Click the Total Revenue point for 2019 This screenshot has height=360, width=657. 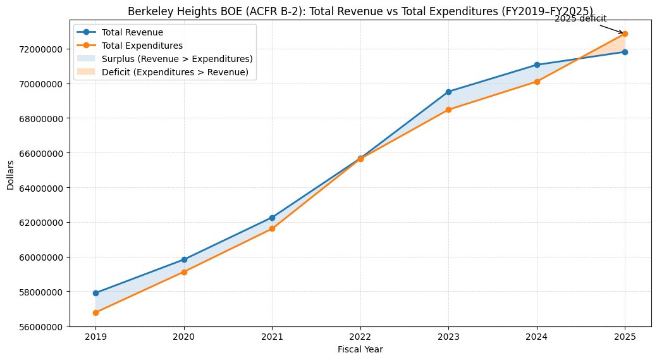(x=95, y=293)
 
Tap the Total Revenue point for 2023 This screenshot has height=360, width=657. (x=448, y=92)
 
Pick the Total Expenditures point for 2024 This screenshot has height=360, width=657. (x=537, y=82)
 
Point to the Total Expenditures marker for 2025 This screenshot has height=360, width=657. (x=625, y=34)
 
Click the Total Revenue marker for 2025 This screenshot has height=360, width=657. (x=625, y=52)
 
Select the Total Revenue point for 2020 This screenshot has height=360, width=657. (x=184, y=259)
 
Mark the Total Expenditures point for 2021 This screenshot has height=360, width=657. (x=272, y=228)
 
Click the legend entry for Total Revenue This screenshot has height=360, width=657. (x=137, y=32)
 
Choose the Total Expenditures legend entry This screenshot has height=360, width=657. (x=146, y=46)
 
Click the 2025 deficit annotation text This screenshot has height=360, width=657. (x=580, y=18)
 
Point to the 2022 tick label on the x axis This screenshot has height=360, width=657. (x=360, y=337)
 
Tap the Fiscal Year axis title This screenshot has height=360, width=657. (x=360, y=349)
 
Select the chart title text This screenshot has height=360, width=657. (x=360, y=11)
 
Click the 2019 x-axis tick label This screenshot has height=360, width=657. (x=95, y=337)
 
